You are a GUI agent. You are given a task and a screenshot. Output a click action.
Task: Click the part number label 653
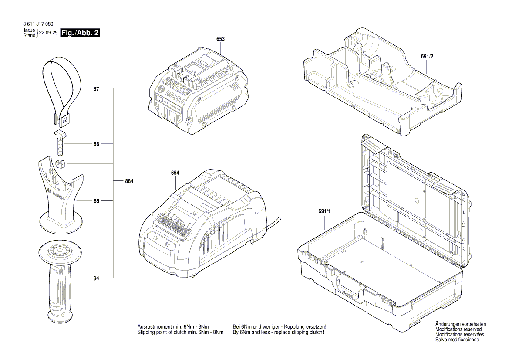(x=220, y=39)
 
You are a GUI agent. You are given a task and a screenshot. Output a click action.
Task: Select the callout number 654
(x=175, y=173)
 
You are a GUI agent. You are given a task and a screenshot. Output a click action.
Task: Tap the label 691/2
(x=428, y=57)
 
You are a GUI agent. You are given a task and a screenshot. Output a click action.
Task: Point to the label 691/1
(x=324, y=211)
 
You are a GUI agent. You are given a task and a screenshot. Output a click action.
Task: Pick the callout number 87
(x=96, y=89)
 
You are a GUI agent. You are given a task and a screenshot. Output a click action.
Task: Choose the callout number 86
(x=96, y=144)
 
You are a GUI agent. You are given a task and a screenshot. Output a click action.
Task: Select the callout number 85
(x=96, y=201)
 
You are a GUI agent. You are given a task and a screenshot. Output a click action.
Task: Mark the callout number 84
(x=96, y=278)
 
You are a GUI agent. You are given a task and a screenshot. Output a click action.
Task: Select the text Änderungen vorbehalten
(x=461, y=324)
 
